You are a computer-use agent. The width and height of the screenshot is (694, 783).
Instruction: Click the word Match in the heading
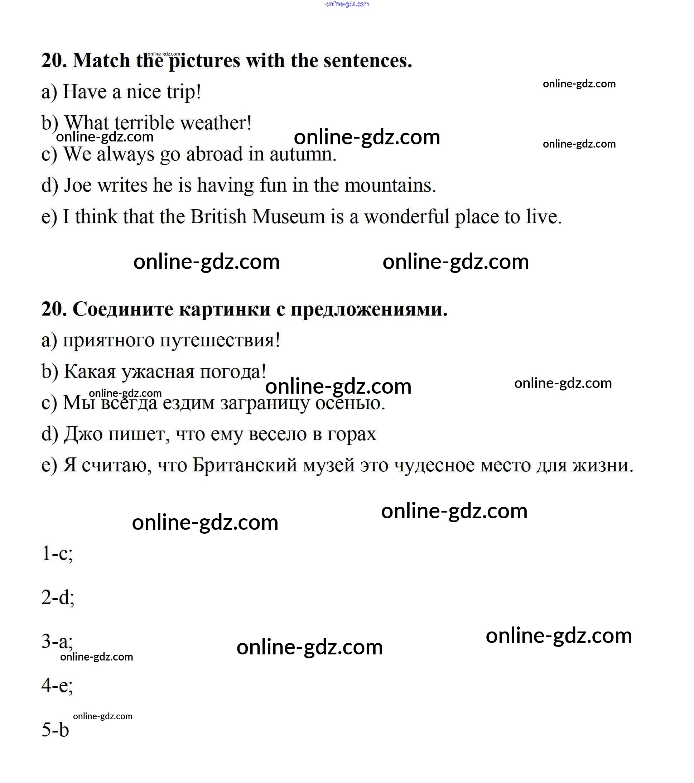[101, 61]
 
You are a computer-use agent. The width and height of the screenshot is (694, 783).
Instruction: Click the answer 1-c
[57, 553]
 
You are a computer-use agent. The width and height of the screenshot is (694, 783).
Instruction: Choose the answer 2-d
[57, 597]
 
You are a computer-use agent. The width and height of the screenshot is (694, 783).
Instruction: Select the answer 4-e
[57, 685]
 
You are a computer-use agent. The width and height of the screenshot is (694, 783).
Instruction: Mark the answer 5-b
[55, 730]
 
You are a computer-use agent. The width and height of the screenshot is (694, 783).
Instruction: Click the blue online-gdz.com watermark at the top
[347, 4]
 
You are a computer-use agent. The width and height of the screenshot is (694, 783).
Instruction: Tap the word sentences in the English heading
[367, 61]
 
